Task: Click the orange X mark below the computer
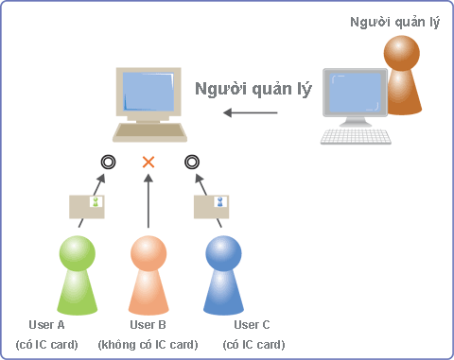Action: tap(148, 162)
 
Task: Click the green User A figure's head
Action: tap(78, 253)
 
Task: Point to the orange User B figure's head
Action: tap(148, 253)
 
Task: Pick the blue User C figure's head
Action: tap(223, 253)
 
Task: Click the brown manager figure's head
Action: tap(402, 53)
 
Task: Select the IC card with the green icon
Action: tap(87, 207)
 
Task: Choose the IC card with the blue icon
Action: tap(211, 207)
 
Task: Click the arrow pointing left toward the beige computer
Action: tap(251, 112)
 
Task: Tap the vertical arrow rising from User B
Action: tap(148, 201)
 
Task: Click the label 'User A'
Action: tap(46, 325)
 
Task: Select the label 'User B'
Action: tap(148, 325)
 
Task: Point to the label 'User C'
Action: tap(252, 325)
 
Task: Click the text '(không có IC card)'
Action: tap(148, 345)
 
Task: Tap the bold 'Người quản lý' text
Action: tap(253, 89)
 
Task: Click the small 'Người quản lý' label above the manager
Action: tap(394, 23)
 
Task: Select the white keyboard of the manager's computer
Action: tap(356, 136)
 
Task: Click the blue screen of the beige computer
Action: tap(148, 92)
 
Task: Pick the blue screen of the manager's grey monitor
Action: tap(356, 93)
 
